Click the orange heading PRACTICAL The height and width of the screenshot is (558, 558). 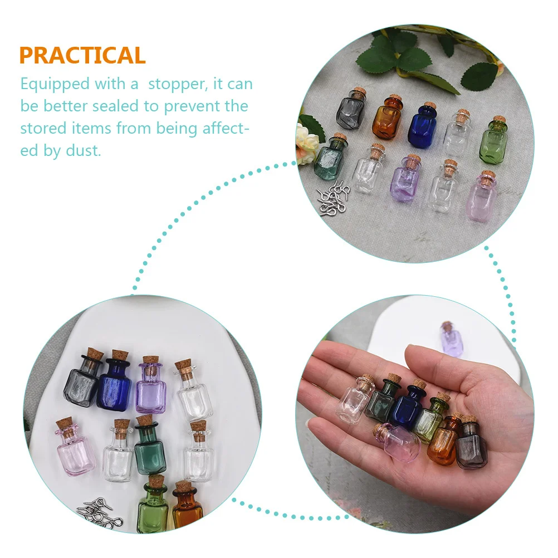coord(82,56)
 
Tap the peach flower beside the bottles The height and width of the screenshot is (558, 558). coord(306,144)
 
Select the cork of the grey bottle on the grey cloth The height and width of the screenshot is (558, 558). coord(357,94)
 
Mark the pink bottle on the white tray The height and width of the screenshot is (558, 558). coord(75,451)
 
